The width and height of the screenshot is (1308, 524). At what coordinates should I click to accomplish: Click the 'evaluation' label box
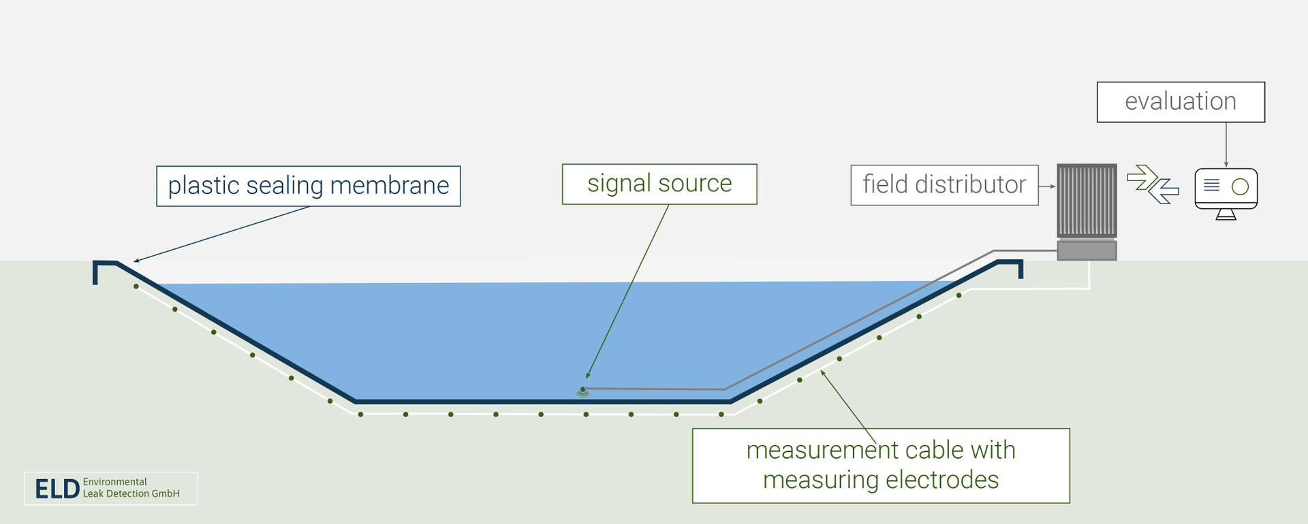(x=1180, y=102)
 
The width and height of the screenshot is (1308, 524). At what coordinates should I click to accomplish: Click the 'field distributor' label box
(x=944, y=185)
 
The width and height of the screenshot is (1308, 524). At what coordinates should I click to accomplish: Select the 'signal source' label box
(x=659, y=184)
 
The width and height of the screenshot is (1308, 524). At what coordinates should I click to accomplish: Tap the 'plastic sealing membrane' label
(x=308, y=186)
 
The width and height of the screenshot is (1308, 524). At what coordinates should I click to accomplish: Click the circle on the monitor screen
(x=1240, y=186)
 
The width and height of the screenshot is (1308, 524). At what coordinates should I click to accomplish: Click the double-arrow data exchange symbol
(x=1153, y=184)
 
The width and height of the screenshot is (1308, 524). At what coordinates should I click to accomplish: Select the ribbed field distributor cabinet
(x=1087, y=200)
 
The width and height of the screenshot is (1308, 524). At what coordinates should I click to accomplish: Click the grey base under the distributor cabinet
(x=1087, y=250)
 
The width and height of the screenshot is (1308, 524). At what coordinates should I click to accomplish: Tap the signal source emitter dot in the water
(x=582, y=390)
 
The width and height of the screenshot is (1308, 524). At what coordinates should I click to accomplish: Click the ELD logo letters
(x=57, y=489)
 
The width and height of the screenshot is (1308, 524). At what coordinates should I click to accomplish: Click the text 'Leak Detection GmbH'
(x=131, y=494)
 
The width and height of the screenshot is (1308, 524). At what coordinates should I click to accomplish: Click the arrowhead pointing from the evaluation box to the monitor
(x=1226, y=164)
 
